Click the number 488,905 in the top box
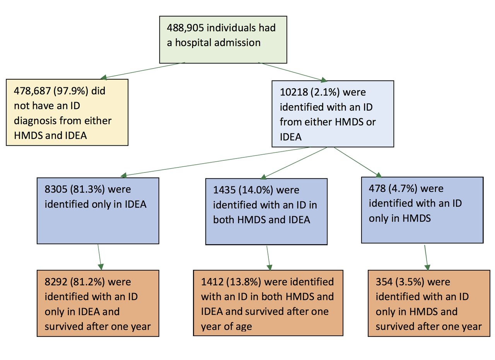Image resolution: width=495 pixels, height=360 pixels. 185,28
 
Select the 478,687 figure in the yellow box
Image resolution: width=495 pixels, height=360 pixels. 32,91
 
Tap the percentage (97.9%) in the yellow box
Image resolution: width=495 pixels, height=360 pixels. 71,91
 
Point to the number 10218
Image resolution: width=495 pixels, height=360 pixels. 294,92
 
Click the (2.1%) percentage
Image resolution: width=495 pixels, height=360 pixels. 325,92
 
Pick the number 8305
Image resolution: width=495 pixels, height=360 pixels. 56,189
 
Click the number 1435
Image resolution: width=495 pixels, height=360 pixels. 224,190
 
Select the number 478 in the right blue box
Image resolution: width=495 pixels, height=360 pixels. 377,189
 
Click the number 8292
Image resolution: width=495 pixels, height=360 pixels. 56,282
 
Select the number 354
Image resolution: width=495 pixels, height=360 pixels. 384,282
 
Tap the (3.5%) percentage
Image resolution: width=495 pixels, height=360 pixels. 410,282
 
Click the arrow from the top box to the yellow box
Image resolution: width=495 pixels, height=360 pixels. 143,70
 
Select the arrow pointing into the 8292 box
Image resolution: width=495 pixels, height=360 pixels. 99,257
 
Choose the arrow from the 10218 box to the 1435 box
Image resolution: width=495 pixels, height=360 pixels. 294,163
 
